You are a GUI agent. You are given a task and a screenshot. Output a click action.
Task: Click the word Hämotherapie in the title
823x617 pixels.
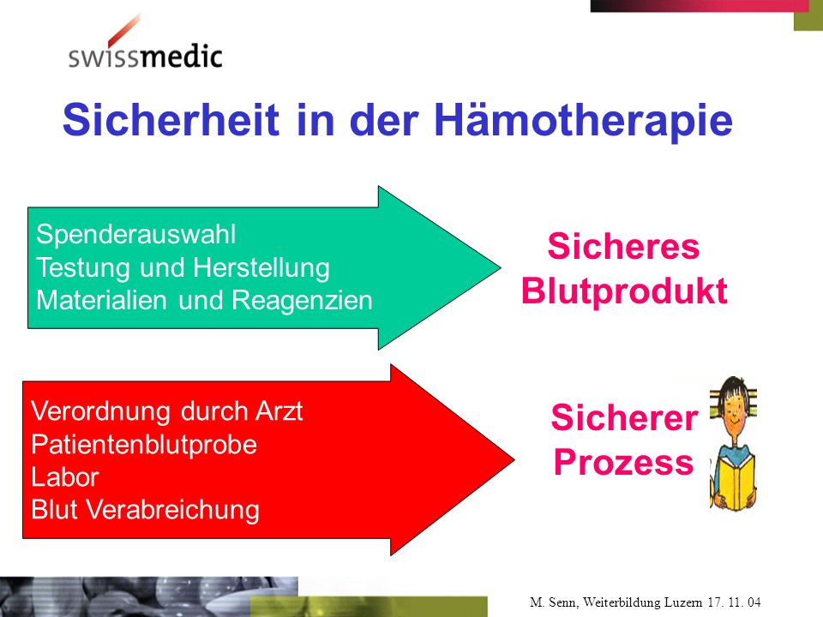pos(583,121)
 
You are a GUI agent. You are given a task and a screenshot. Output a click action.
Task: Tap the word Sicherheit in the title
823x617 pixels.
pos(171,120)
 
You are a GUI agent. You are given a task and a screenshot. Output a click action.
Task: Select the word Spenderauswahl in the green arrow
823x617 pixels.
pos(136,234)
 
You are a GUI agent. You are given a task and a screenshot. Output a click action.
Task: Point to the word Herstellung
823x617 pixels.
pos(261,267)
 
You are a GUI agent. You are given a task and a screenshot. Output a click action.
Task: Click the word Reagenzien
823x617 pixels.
pos(302,300)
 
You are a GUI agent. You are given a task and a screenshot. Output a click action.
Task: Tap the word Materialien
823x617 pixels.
pos(102,300)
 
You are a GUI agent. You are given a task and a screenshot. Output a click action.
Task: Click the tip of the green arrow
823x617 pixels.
pos(500,267)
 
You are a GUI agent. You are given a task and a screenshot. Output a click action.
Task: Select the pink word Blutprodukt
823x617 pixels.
pos(624,291)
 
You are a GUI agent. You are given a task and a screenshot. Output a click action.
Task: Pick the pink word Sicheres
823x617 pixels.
pos(623,246)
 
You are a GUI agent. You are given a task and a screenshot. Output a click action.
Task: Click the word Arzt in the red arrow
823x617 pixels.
pos(279,410)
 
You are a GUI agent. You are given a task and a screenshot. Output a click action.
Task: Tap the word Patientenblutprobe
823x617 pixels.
pos(144,445)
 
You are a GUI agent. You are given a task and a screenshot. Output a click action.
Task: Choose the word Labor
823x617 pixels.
pos(65,477)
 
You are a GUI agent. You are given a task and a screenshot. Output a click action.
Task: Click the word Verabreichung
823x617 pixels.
pos(172,510)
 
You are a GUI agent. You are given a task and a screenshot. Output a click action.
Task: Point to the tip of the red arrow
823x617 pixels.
pos(514,459)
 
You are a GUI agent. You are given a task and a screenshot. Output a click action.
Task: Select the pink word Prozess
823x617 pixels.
pos(623,462)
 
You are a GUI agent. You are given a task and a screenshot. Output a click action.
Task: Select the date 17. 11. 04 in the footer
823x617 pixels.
pos(734,602)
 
